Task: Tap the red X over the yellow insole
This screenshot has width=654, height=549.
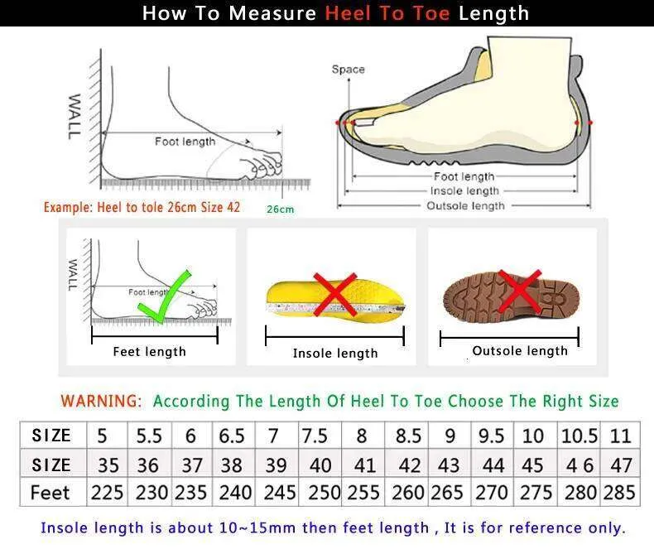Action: pos(335,294)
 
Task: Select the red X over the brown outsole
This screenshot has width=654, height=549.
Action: pos(520,291)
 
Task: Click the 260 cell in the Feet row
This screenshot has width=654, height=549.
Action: pos(407,493)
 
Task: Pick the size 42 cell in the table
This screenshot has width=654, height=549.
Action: pos(409,465)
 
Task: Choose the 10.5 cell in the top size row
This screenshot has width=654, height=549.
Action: pos(579,436)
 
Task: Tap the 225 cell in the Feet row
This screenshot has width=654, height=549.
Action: pos(107,493)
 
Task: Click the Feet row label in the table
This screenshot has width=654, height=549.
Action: pos(50,493)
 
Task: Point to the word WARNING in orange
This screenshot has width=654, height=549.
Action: pos(101,401)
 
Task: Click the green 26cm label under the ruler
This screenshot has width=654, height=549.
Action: pos(281,209)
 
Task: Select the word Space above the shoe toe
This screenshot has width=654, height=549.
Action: pos(349,70)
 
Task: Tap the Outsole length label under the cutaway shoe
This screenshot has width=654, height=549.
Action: pos(465,205)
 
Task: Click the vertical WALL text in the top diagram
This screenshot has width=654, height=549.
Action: pos(74,117)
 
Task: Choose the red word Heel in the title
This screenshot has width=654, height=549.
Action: pos(348,13)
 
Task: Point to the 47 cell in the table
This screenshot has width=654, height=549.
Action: pos(621,465)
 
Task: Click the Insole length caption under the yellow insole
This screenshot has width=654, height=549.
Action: pos(335,354)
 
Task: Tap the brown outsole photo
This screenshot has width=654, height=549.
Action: pos(512,296)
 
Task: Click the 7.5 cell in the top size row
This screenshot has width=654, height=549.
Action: pos(315,436)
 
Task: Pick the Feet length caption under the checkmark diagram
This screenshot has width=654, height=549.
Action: pos(149,352)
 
